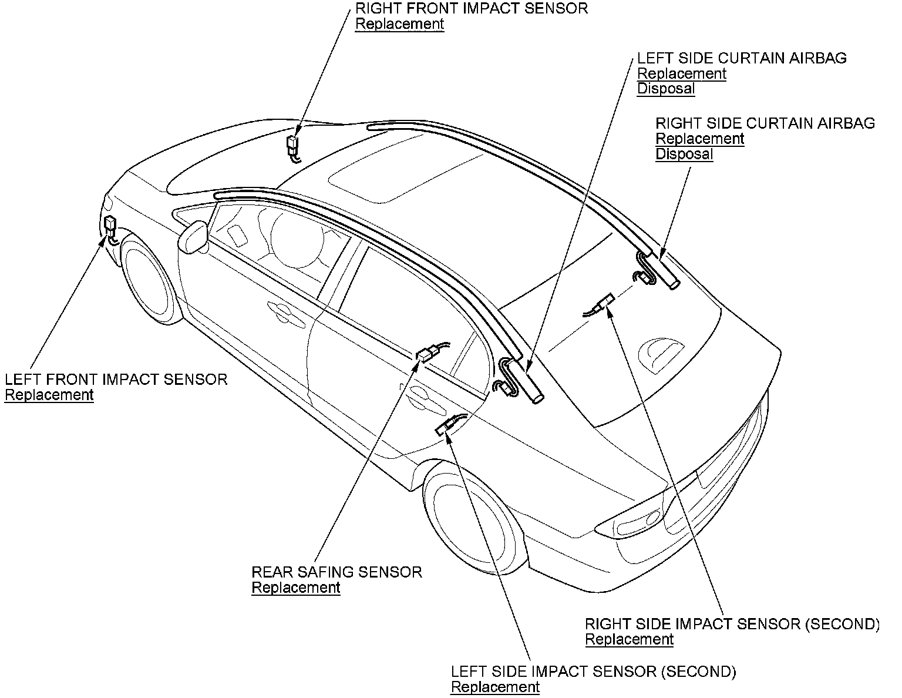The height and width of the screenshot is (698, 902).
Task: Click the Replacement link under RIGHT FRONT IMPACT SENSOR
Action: (x=399, y=24)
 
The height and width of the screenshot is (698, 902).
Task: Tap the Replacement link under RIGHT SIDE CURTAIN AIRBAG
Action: (x=699, y=139)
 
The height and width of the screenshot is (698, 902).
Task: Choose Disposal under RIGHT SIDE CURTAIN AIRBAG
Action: (x=684, y=155)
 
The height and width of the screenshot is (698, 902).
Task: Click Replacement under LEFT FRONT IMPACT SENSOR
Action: (x=49, y=395)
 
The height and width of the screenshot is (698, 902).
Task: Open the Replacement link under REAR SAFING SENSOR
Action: (x=296, y=588)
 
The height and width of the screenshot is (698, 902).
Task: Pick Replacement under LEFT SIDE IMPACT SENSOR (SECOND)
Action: (x=495, y=687)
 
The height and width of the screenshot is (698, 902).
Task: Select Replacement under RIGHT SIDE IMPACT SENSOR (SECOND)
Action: (x=629, y=639)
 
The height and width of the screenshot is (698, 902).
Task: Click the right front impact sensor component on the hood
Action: (x=292, y=145)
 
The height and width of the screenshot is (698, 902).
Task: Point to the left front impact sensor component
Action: (x=110, y=226)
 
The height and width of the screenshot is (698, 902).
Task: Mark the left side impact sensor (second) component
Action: (x=446, y=426)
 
